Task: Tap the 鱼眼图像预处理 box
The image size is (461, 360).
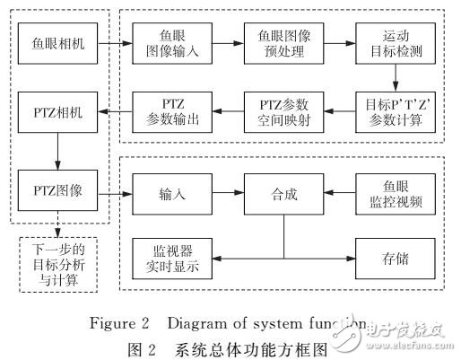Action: click(277, 42)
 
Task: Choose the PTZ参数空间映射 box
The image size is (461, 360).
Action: click(277, 112)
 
